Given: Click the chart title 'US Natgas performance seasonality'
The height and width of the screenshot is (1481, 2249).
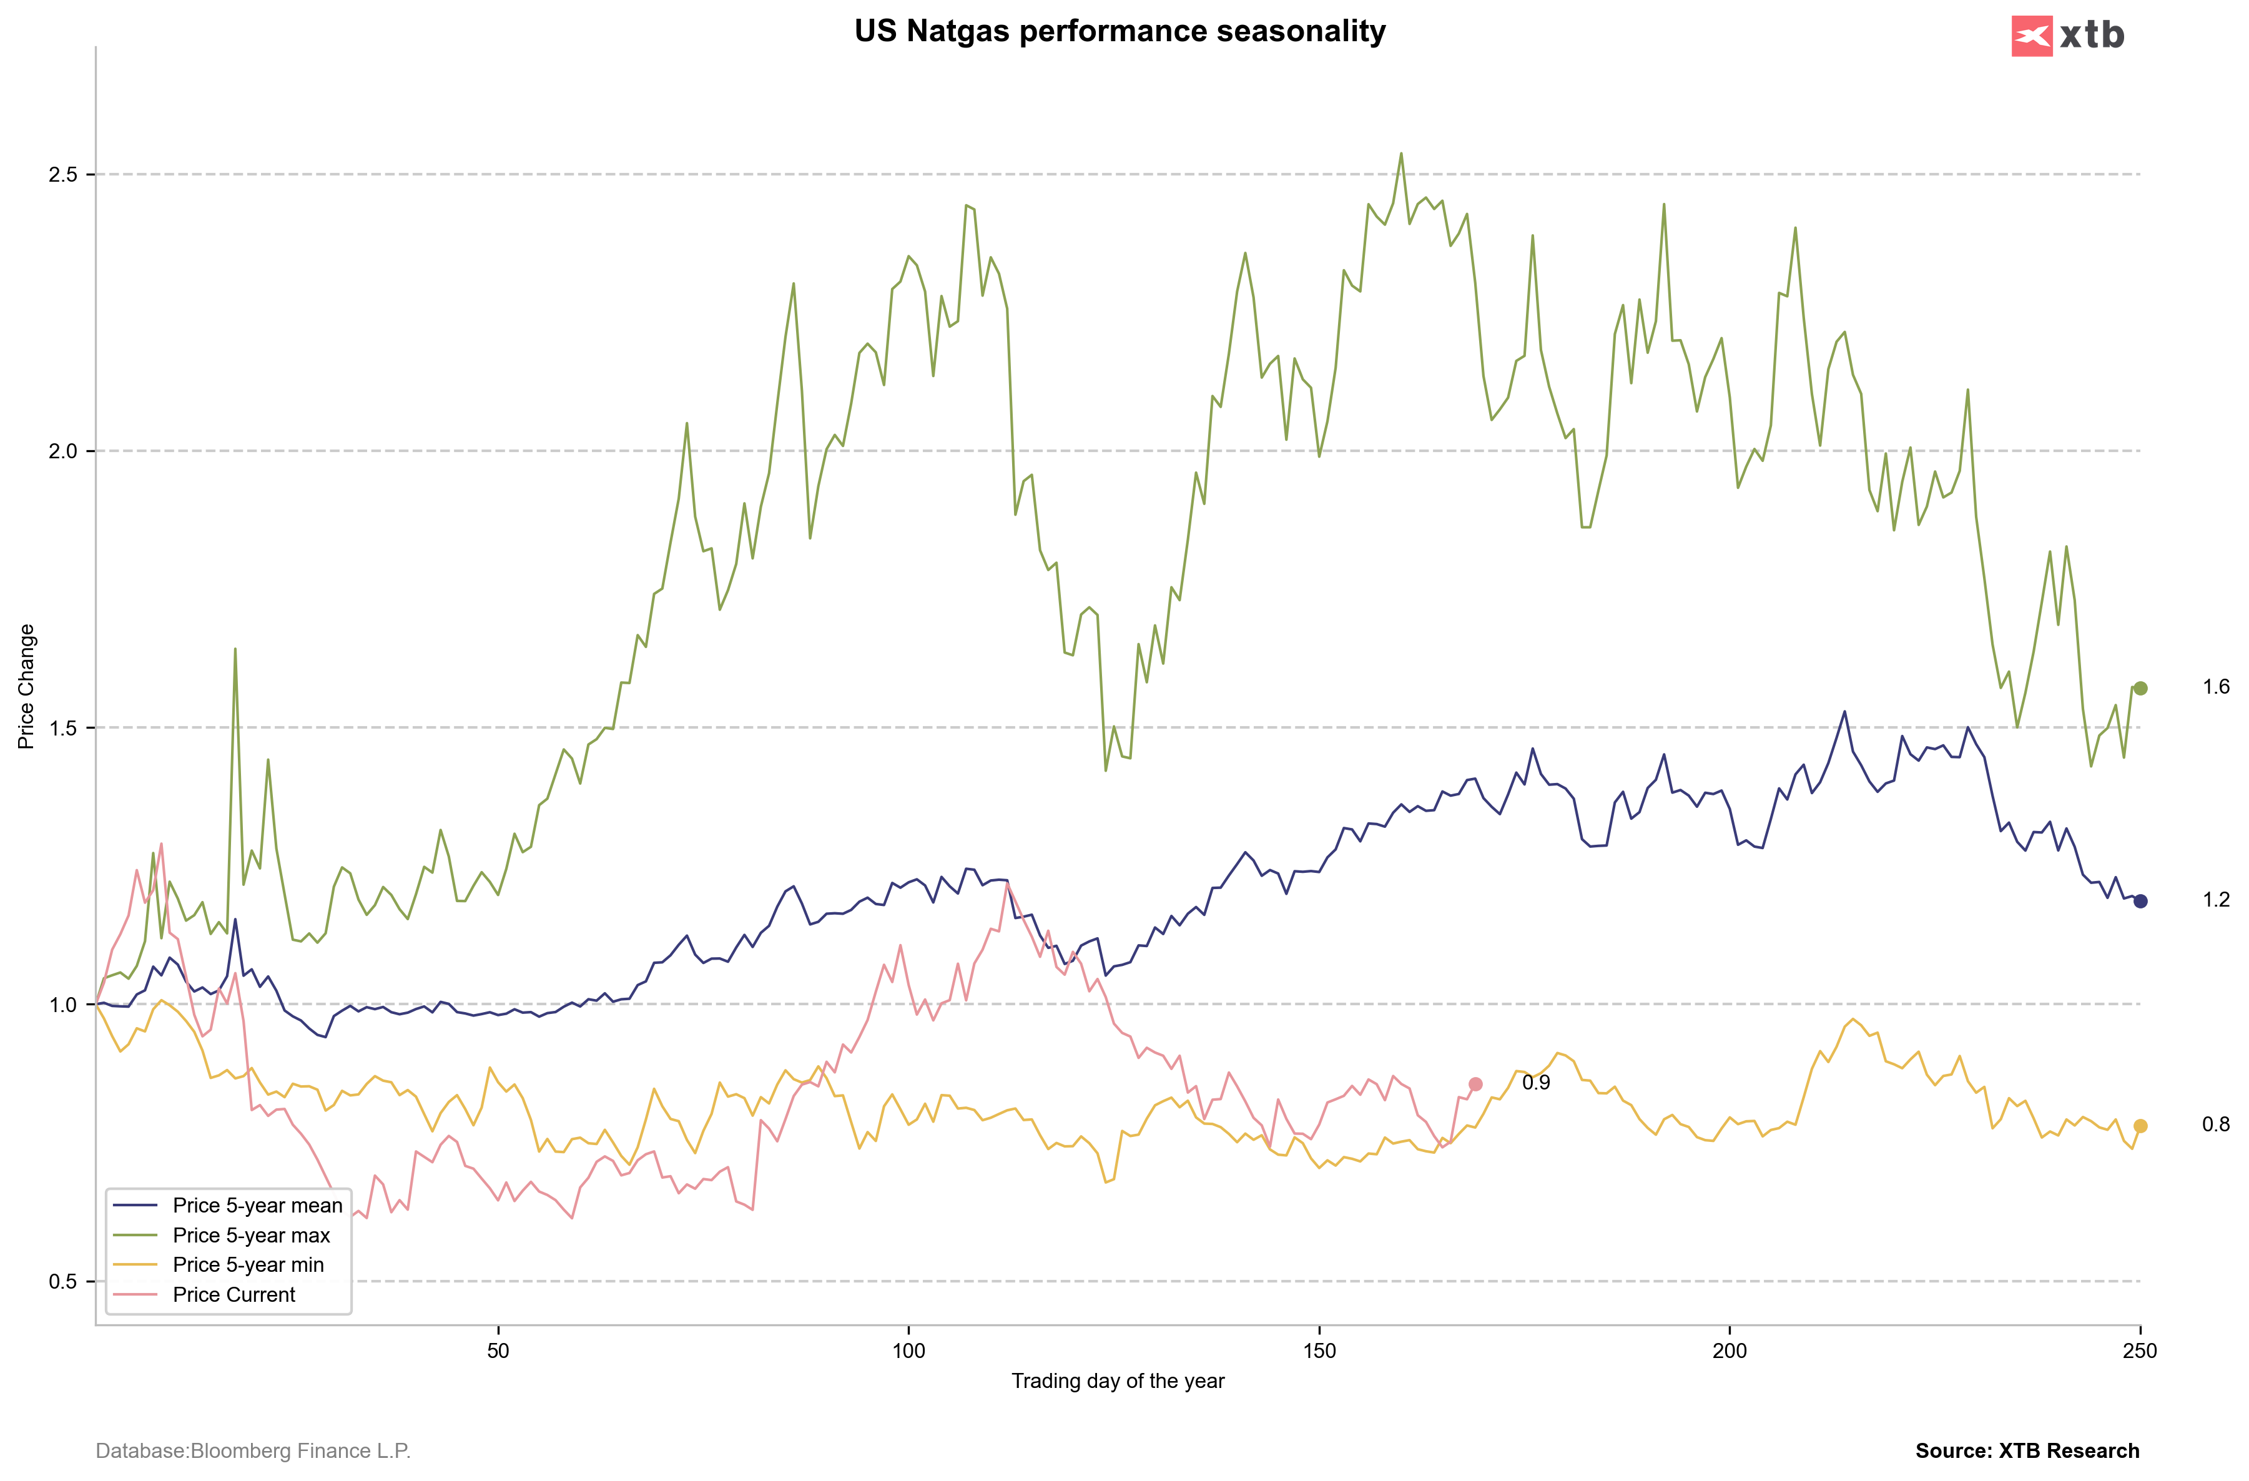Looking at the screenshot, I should click(x=1120, y=31).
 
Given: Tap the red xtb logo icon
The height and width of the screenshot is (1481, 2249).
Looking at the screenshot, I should click(x=2032, y=37).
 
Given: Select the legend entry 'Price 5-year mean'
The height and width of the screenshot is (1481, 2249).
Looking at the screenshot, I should click(x=257, y=1205).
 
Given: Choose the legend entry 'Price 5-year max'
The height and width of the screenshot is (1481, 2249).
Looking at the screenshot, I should click(x=252, y=1235).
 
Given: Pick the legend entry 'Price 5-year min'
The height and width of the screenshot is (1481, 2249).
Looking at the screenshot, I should click(x=248, y=1264).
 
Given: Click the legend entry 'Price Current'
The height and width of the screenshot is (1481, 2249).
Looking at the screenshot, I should click(x=234, y=1295).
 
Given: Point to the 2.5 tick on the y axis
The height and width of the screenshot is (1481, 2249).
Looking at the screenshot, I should click(x=63, y=175).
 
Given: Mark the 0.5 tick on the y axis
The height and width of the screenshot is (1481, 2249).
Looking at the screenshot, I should click(x=63, y=1282).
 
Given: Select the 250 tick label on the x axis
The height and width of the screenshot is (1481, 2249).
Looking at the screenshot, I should click(x=2139, y=1351).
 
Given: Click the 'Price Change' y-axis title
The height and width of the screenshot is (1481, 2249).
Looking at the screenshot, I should click(x=26, y=686).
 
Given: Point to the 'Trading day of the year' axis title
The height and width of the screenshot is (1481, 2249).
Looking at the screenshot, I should click(x=1118, y=1381).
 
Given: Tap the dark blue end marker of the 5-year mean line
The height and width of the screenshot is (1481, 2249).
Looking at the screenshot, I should click(x=2140, y=901).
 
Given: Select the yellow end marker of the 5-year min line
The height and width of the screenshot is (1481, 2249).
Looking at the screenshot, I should click(x=2140, y=1126).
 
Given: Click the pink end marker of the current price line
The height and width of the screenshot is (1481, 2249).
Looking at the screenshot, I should click(x=1475, y=1084).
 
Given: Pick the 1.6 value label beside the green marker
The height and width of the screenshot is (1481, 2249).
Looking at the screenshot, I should click(x=2215, y=687).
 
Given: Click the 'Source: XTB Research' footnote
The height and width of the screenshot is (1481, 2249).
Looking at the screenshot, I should click(x=2027, y=1451).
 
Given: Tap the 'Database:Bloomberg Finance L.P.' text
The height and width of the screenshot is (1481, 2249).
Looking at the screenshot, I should click(x=253, y=1451).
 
